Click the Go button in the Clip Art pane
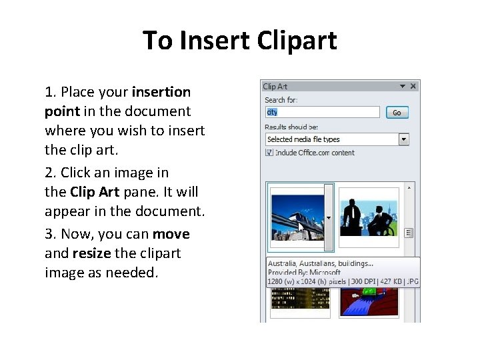coord(397,113)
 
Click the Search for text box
coord(322,113)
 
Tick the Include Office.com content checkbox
coord(269,153)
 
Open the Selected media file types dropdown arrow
coord(403,139)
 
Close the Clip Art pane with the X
coord(414,86)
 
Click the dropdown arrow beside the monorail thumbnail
coord(328,218)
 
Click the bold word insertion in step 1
coord(161,91)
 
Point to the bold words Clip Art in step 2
coord(94,192)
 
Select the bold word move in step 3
coord(171,234)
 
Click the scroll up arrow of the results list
coord(409,188)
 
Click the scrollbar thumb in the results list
coord(409,233)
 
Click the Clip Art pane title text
coord(275,86)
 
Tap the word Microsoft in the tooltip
coord(325,273)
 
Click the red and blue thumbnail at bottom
coord(369,304)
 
